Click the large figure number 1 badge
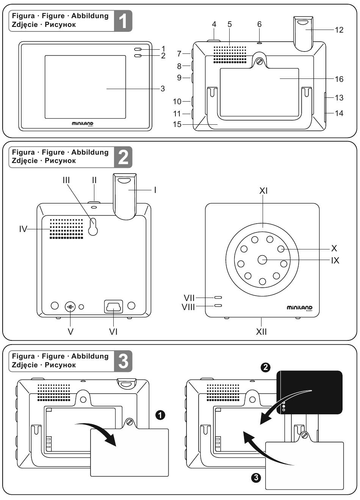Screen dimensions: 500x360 [123, 21]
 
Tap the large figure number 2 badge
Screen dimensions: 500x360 [123, 157]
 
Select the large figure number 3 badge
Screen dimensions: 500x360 [123, 361]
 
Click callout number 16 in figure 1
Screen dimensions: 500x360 [339, 79]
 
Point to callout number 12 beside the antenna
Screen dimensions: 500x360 [339, 30]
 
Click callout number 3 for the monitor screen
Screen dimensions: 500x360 [163, 89]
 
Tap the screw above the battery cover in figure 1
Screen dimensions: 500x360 [260, 62]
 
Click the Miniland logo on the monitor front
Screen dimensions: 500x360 [83, 124]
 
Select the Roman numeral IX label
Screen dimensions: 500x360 [335, 260]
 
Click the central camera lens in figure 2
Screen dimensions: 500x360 [262, 260]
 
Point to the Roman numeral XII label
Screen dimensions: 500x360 [261, 332]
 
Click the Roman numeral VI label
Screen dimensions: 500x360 [113, 332]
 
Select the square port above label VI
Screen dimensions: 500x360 [113, 306]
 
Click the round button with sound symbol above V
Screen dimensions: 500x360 [70, 306]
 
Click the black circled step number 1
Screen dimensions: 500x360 [161, 415]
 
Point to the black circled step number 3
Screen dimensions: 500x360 [256, 478]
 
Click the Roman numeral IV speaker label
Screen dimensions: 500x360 [23, 229]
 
